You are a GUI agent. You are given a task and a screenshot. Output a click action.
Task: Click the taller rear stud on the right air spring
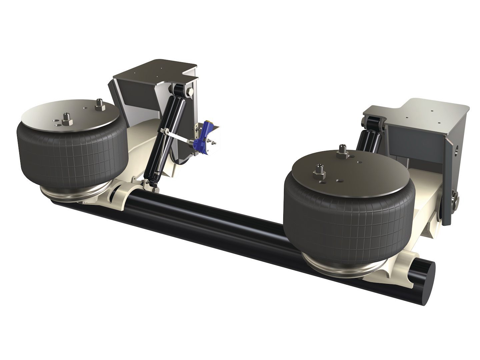[343, 152]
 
